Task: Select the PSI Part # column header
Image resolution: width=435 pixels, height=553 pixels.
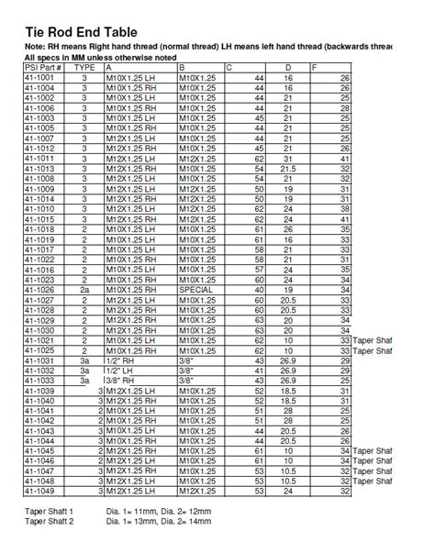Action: (x=43, y=68)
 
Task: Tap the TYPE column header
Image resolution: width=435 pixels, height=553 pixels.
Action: (x=84, y=68)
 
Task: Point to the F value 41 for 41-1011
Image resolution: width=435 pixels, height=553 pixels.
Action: (x=344, y=159)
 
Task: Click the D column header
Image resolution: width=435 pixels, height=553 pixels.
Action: (x=289, y=68)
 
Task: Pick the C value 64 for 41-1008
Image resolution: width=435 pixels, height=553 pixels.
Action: (x=259, y=179)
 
